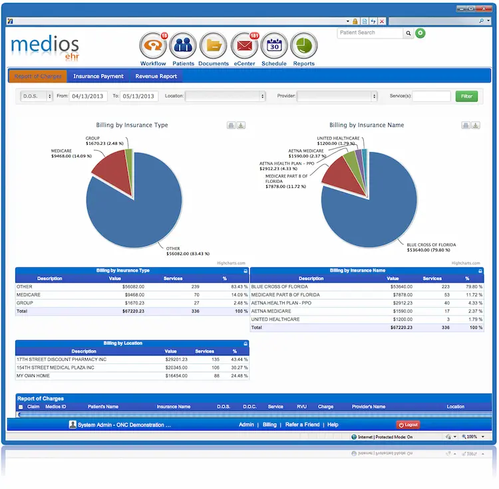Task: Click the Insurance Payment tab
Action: click(98, 76)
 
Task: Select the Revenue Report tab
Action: click(156, 76)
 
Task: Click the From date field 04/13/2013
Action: click(88, 96)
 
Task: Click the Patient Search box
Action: click(371, 33)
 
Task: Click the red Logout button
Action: click(408, 425)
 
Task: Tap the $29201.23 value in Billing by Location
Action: click(176, 359)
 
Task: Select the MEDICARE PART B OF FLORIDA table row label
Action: click(285, 294)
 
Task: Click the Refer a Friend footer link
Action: click(302, 425)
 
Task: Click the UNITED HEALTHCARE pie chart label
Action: click(338, 138)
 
